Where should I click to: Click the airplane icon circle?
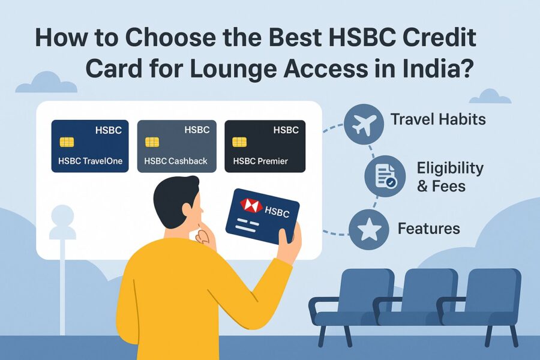(x=364, y=124)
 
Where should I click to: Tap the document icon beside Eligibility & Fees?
(x=385, y=176)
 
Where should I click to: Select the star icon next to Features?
(x=369, y=229)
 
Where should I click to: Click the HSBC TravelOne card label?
(x=90, y=161)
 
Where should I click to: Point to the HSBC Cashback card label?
(x=176, y=161)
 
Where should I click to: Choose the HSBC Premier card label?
(x=260, y=161)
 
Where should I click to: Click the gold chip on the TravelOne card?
(x=67, y=142)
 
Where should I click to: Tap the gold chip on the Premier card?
(x=239, y=142)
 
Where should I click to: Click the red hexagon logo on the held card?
(x=251, y=205)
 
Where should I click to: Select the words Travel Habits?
(x=438, y=119)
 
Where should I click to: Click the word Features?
(x=429, y=229)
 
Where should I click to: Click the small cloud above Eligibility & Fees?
(x=490, y=97)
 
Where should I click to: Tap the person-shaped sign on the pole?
(x=62, y=222)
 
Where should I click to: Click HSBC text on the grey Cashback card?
(x=197, y=130)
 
